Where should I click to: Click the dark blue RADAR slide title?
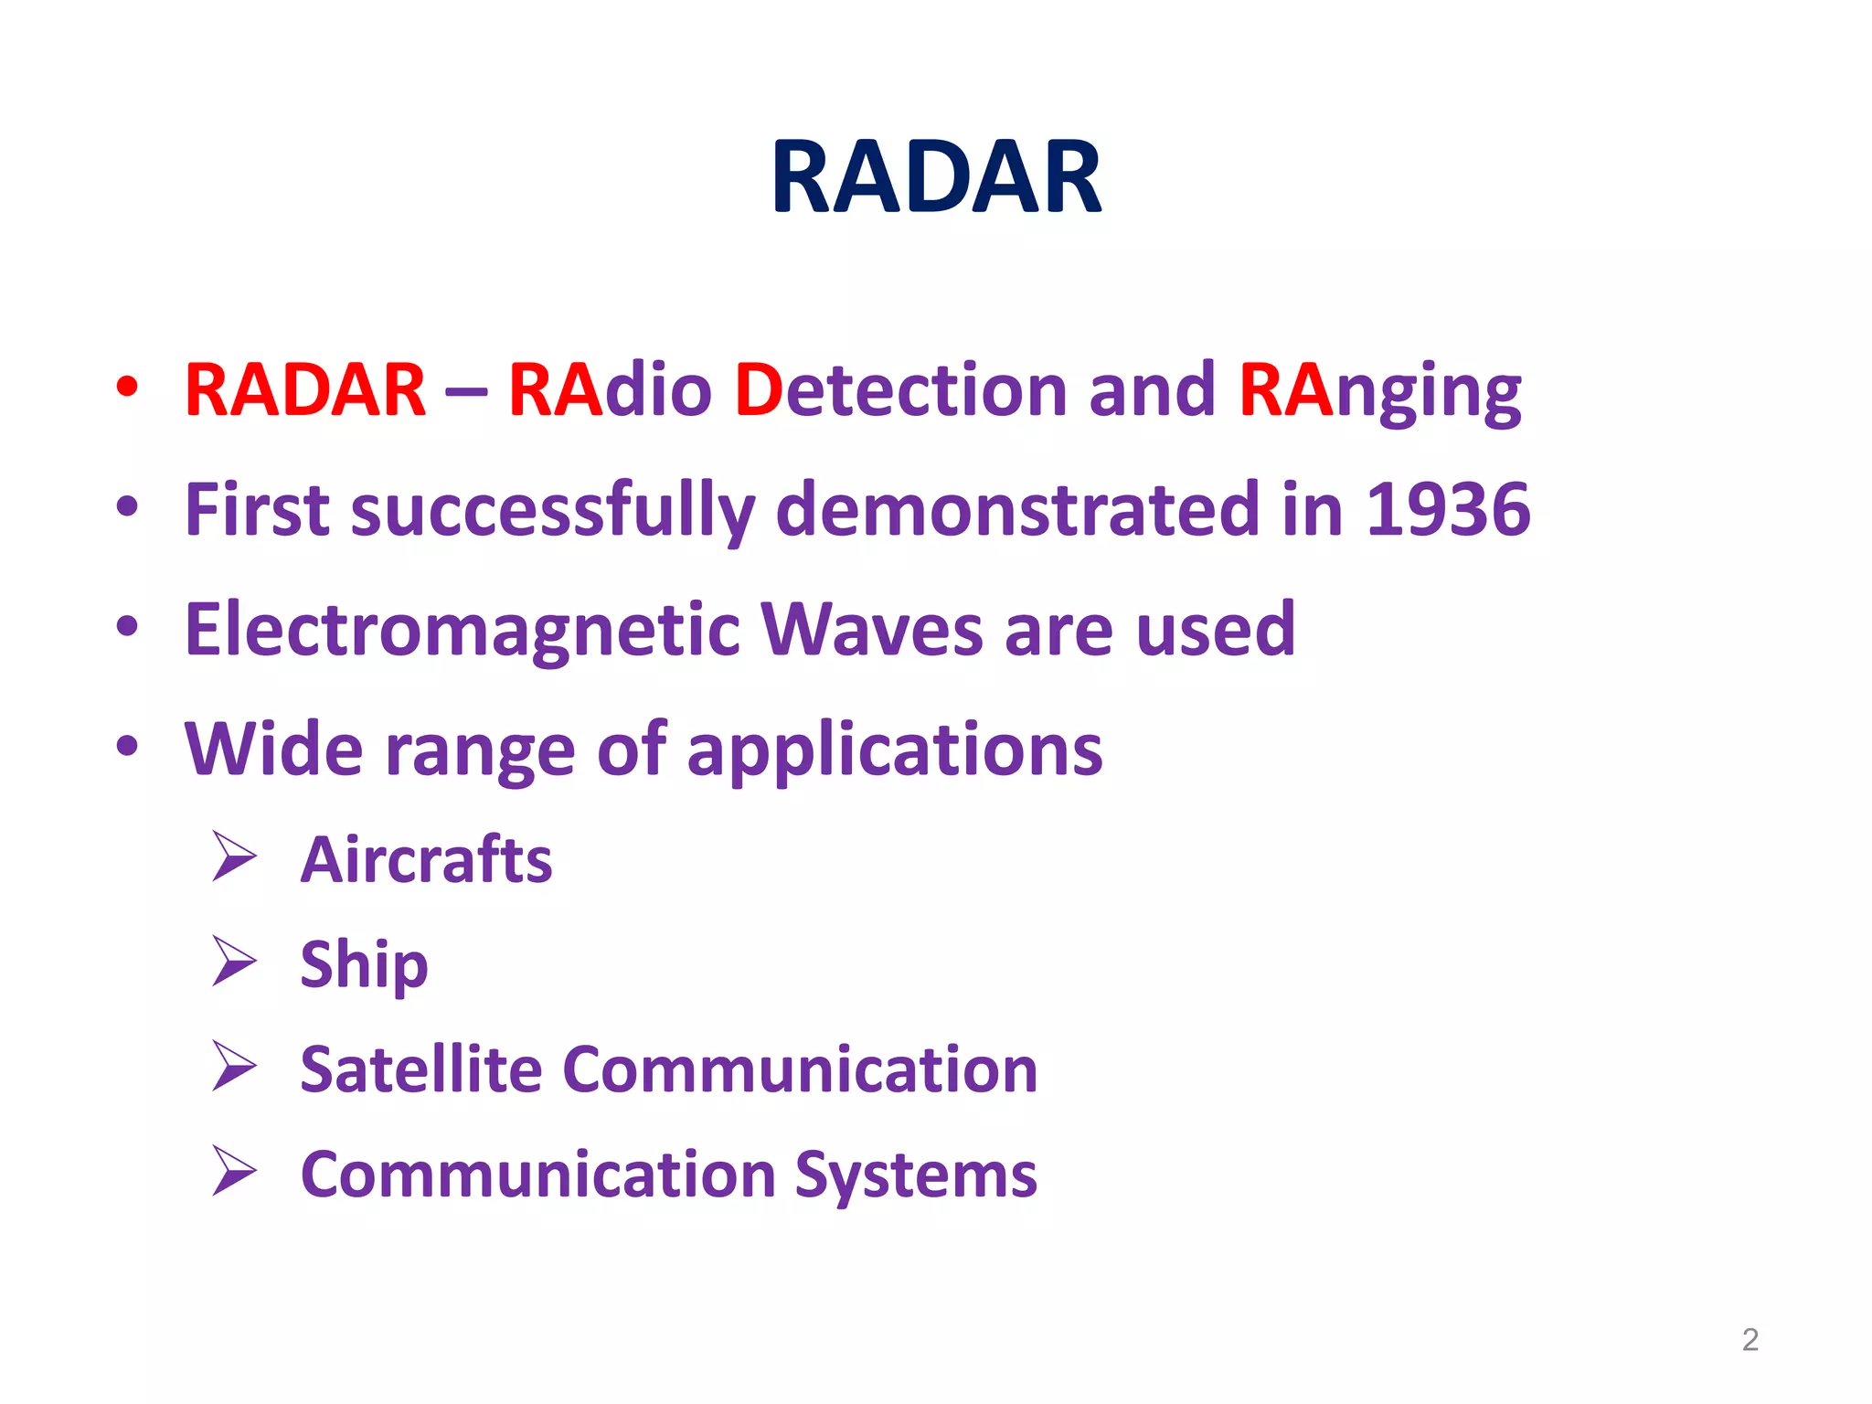pyautogui.click(x=936, y=177)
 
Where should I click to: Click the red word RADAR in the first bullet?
pyautogui.click(x=305, y=390)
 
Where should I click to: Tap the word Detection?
pyautogui.click(x=900, y=390)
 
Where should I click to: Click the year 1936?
pyautogui.click(x=1448, y=510)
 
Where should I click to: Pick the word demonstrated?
pyautogui.click(x=1017, y=510)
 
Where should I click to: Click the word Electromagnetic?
pyautogui.click(x=463, y=631)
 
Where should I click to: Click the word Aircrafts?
pyautogui.click(x=426, y=861)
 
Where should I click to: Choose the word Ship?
pyautogui.click(x=364, y=965)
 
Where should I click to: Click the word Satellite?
pyautogui.click(x=421, y=1069)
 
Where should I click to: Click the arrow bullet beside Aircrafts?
pyautogui.click(x=234, y=856)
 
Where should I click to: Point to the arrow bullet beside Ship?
pyautogui.click(x=234, y=962)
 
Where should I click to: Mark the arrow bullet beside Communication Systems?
pyautogui.click(x=234, y=1171)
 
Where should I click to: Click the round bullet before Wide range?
pyautogui.click(x=127, y=747)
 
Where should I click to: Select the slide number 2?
pyautogui.click(x=1750, y=1340)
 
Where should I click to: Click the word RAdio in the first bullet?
pyautogui.click(x=610, y=390)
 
